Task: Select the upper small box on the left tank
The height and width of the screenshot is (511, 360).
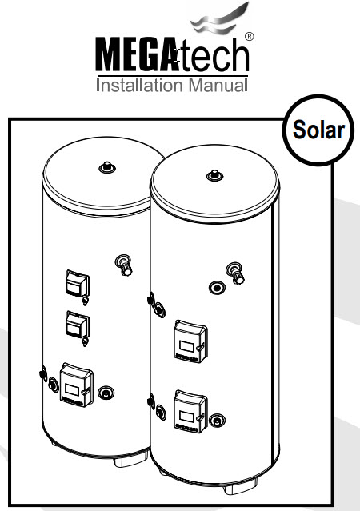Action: (77, 284)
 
